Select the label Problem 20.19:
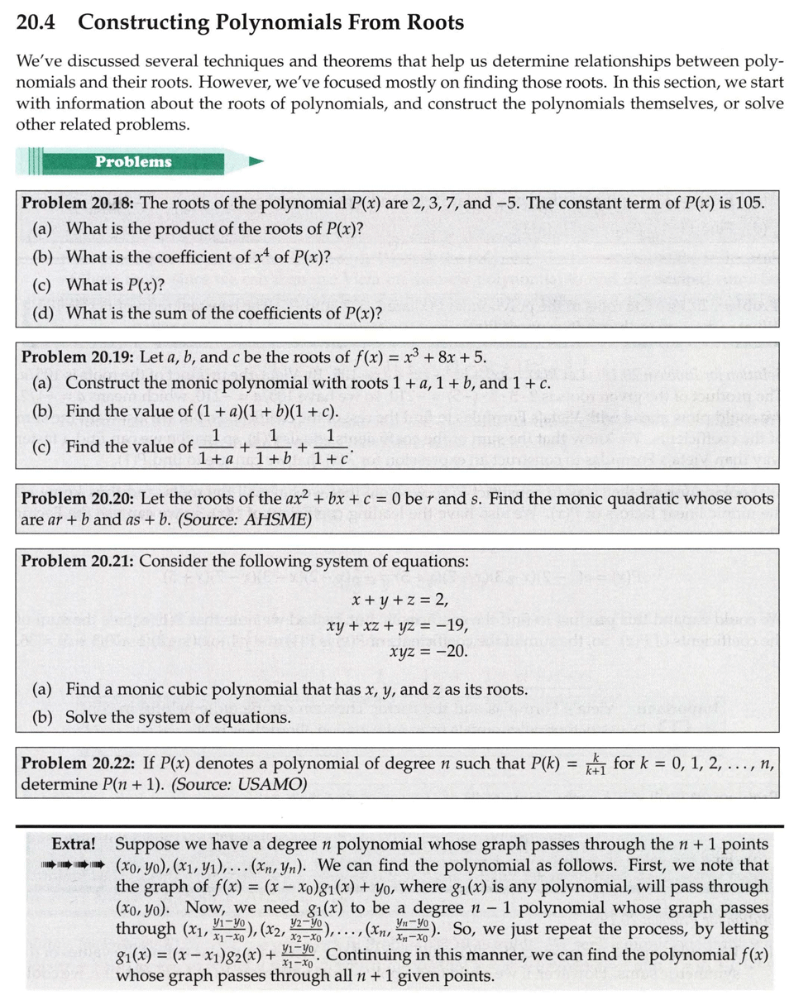(x=79, y=357)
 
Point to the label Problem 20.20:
(x=79, y=499)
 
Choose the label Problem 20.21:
(x=79, y=561)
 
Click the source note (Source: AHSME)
(x=245, y=520)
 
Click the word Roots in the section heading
(x=425, y=23)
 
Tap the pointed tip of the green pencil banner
(x=259, y=161)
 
